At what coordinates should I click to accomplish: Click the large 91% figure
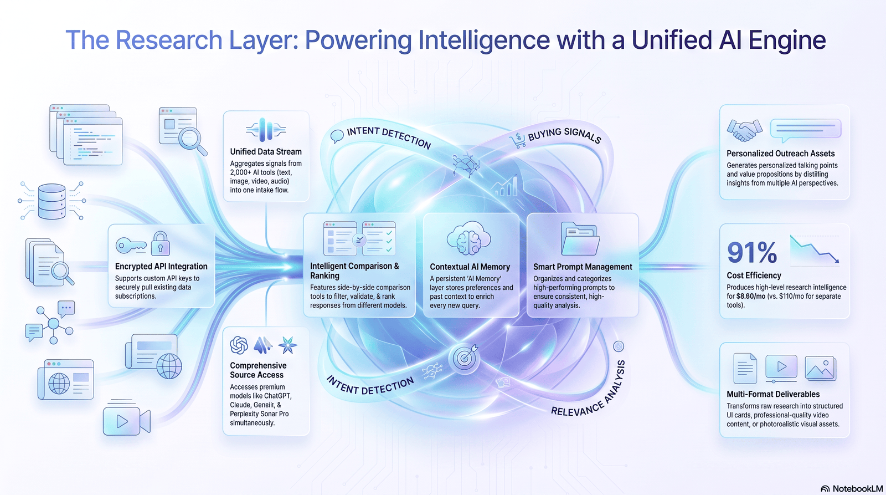752,253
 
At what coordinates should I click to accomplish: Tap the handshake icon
744,130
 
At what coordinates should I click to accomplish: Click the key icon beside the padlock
131,246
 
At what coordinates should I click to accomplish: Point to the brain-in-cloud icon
469,238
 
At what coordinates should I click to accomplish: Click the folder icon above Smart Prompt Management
580,238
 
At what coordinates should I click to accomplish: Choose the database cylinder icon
52,201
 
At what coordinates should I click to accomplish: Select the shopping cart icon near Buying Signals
518,141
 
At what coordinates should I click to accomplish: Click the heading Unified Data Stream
266,152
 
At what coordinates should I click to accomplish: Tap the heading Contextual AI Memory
470,267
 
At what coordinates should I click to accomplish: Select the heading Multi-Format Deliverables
773,394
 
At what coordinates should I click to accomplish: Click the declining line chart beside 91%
815,249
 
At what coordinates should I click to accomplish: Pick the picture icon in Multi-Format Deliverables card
820,368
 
